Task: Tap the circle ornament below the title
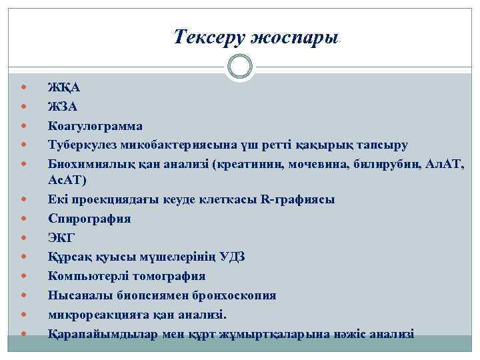pos(239,67)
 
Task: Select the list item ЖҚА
pos(64,87)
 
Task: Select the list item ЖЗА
pos(64,106)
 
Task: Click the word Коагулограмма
pos(95,125)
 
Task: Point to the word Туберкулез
pos(81,145)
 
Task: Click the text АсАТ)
pos(67,180)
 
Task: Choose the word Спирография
pos(89,219)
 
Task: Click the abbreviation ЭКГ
pos(62,237)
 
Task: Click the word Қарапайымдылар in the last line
pos(103,333)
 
